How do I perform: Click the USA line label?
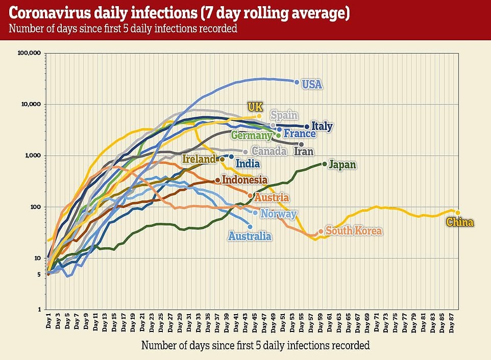[x=312, y=84]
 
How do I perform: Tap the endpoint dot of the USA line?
[x=297, y=82]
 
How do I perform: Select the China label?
[x=460, y=222]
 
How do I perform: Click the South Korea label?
[x=354, y=231]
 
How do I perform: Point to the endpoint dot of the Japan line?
[x=325, y=164]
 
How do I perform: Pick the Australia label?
[x=250, y=236]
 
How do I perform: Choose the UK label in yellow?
[x=255, y=107]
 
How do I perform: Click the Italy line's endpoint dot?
[x=307, y=126]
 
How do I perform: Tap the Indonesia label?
[x=244, y=179]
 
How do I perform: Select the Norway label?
[x=279, y=214]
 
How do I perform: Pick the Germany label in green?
[x=251, y=136]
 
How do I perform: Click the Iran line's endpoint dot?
[x=301, y=144]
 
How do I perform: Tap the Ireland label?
[x=199, y=160]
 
